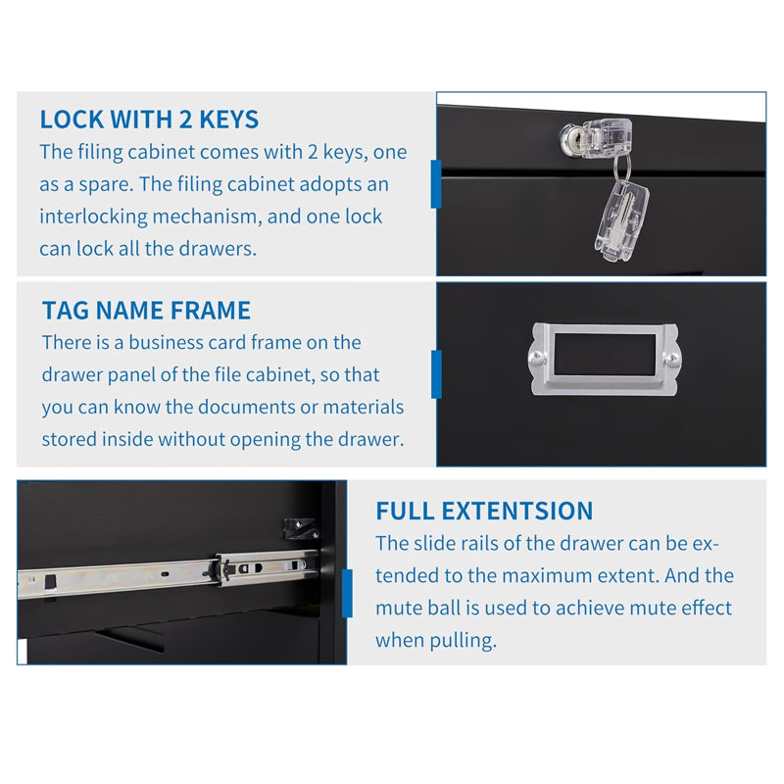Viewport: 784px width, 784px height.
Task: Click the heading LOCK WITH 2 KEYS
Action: coord(149,120)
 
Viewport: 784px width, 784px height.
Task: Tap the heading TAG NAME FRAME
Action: coord(146,310)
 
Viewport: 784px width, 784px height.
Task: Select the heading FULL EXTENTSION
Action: coord(484,511)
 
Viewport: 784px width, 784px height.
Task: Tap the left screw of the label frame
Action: coord(537,357)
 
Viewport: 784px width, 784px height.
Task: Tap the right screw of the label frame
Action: coord(672,359)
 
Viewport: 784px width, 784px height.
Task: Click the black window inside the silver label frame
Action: coord(605,355)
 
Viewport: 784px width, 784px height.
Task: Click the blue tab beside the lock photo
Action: coord(436,184)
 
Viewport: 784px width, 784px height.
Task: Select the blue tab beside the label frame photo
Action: coord(436,374)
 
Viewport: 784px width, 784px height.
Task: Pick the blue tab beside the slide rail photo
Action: coord(347,594)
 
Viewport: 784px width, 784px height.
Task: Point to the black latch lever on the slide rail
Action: coord(225,570)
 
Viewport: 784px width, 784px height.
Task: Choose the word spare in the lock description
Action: coord(106,185)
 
